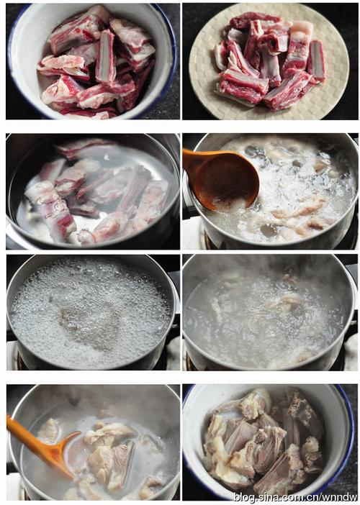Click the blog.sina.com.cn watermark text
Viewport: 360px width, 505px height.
(295, 496)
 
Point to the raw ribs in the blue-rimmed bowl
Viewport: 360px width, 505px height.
(96, 63)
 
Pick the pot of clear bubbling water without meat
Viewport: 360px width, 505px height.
(92, 312)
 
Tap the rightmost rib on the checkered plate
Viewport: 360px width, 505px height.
(317, 60)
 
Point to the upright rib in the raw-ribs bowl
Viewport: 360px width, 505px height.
(106, 56)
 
